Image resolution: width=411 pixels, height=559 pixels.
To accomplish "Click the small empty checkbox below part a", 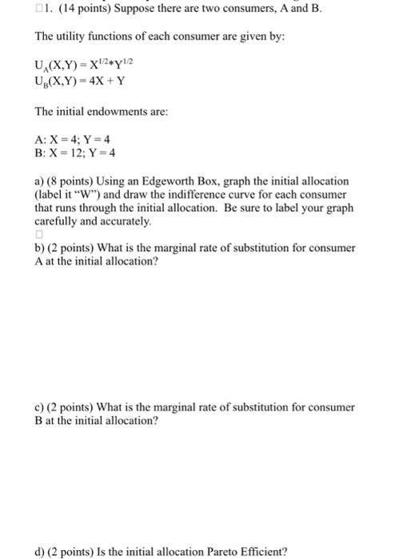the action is tap(38, 235).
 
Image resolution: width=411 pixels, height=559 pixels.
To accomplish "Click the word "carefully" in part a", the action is tap(58, 220).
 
